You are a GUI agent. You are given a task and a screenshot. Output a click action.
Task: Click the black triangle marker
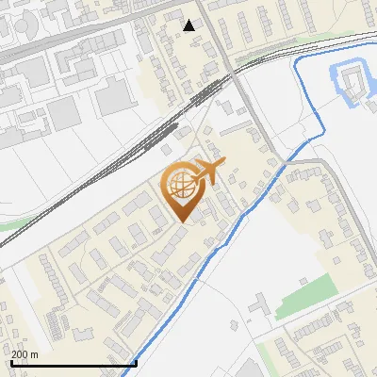tap(189, 25)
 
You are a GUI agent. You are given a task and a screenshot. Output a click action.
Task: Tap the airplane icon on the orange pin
tap(209, 172)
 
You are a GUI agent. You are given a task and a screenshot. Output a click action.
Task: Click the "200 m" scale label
tap(25, 354)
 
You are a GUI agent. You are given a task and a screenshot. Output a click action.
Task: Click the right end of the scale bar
tap(136, 363)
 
